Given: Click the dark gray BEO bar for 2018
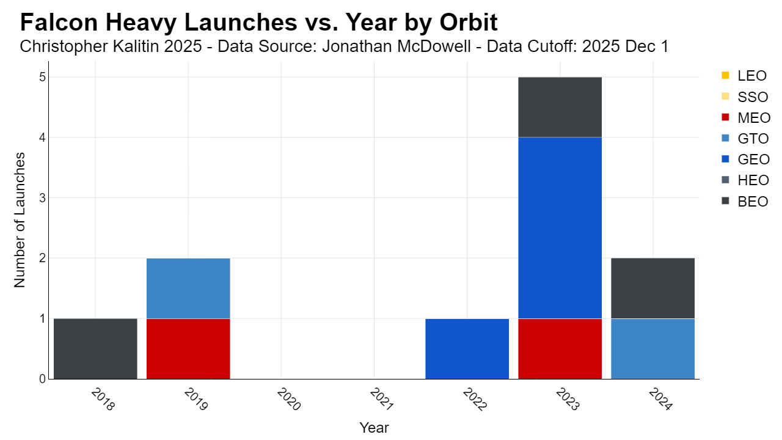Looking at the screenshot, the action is point(95,348).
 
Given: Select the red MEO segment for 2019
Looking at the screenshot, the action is point(188,348).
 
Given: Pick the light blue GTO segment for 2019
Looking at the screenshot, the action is point(188,288).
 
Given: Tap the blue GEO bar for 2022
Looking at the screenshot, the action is point(467,348).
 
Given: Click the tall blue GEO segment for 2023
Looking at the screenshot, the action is point(560,228).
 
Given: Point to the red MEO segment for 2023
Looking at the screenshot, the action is point(560,348).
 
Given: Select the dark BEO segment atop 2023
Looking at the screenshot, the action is point(560,107).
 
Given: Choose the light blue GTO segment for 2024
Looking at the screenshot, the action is point(653,348).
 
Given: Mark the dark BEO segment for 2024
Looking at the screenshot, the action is point(653,288).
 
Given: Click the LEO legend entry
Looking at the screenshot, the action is point(744,75).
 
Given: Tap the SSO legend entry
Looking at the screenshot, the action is point(745,97).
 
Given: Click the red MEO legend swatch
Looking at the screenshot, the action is point(725,117).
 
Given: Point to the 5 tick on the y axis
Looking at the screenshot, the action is point(43,77).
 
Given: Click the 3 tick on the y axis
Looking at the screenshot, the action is point(43,198).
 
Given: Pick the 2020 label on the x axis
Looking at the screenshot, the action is point(289,399).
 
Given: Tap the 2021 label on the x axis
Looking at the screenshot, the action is point(382,399).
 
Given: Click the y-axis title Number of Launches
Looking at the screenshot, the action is point(20,220).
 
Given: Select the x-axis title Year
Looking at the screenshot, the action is point(375,427).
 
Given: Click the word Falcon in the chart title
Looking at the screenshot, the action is point(59,23).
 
